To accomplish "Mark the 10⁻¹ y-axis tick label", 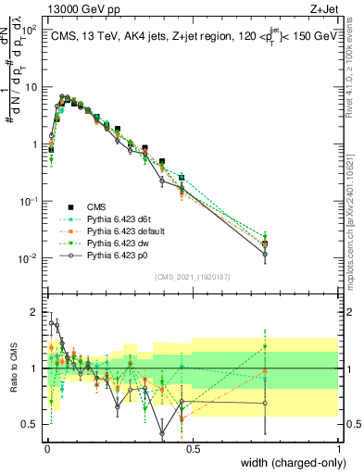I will [x=27, y=201].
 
